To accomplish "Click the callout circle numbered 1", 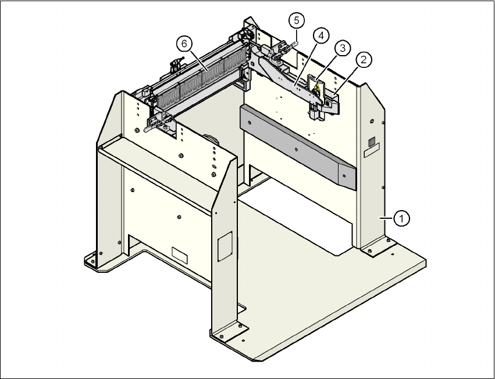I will (401, 218).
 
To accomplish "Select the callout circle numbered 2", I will (365, 59).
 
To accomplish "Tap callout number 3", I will (343, 48).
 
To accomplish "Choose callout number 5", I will (296, 21).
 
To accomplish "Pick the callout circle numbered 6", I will (184, 44).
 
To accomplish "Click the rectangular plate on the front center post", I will (224, 246).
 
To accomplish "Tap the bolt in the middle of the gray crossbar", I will (296, 149).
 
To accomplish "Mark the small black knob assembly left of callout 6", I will (174, 66).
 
